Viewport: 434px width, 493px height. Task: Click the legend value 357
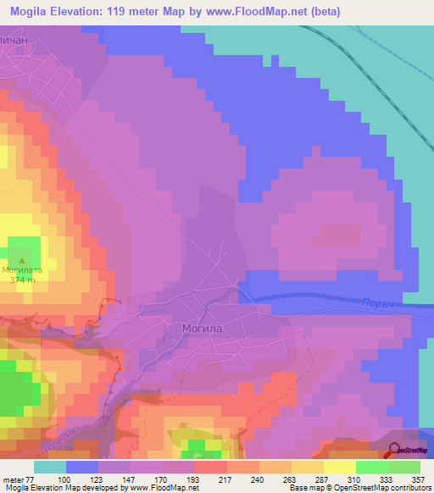[x=418, y=479]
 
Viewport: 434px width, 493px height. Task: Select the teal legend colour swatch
[x=50, y=467]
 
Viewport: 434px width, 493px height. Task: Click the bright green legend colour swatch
[x=371, y=467]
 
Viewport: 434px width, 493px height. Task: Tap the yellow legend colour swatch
[x=339, y=467]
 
